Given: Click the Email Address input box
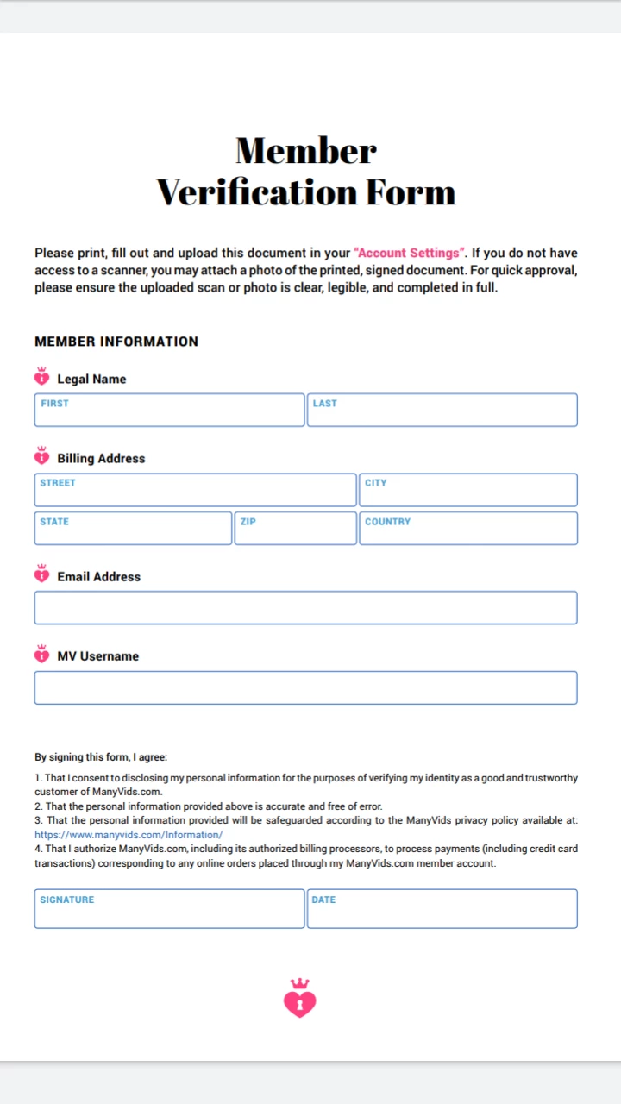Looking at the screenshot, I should [x=305, y=608].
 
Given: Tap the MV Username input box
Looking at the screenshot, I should [x=305, y=688].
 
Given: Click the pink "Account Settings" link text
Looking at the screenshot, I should [x=410, y=253].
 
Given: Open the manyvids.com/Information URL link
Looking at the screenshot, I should [x=129, y=835].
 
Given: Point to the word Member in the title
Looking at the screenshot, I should [x=306, y=151].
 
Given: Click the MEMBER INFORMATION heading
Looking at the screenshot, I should [x=116, y=342].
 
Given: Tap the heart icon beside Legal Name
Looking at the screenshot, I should [x=42, y=377].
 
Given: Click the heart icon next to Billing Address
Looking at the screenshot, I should [x=42, y=456].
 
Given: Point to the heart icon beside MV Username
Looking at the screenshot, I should [x=42, y=654].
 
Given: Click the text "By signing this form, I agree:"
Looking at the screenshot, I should [x=101, y=757].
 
